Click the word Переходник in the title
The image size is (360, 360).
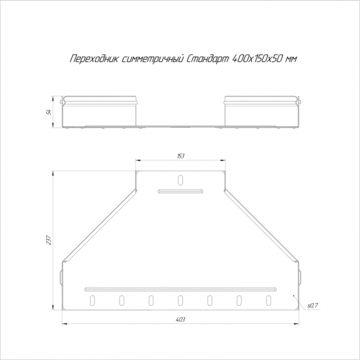pyautogui.click(x=94, y=58)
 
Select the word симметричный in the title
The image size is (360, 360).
pyautogui.click(x=153, y=58)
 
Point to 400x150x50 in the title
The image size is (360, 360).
pyautogui.click(x=257, y=58)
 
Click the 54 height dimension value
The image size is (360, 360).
pyautogui.click(x=50, y=112)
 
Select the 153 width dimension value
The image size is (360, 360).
pyautogui.click(x=181, y=156)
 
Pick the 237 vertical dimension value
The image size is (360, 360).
pyautogui.click(x=50, y=240)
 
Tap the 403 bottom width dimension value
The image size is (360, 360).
pyautogui.click(x=181, y=320)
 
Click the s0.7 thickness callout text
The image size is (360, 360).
pyautogui.click(x=312, y=305)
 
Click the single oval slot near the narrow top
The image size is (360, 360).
pyautogui.click(x=181, y=180)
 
